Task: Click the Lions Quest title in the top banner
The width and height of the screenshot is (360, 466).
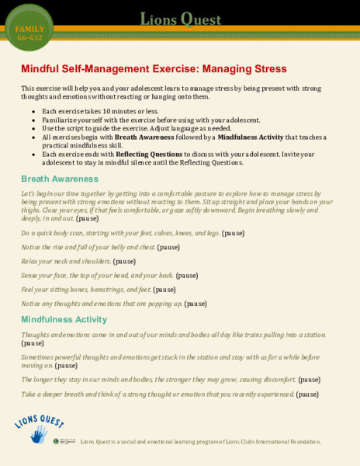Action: [x=180, y=19]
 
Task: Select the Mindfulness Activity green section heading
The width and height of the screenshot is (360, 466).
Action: [x=68, y=319]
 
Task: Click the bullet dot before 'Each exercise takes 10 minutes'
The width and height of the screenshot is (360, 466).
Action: [x=33, y=113]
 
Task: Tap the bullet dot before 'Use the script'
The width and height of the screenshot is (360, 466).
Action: [x=33, y=129]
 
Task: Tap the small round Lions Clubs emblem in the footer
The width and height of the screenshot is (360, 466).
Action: [x=57, y=441]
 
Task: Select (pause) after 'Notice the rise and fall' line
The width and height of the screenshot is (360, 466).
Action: [x=168, y=247]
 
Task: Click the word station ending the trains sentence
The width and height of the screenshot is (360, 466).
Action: [x=310, y=334]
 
